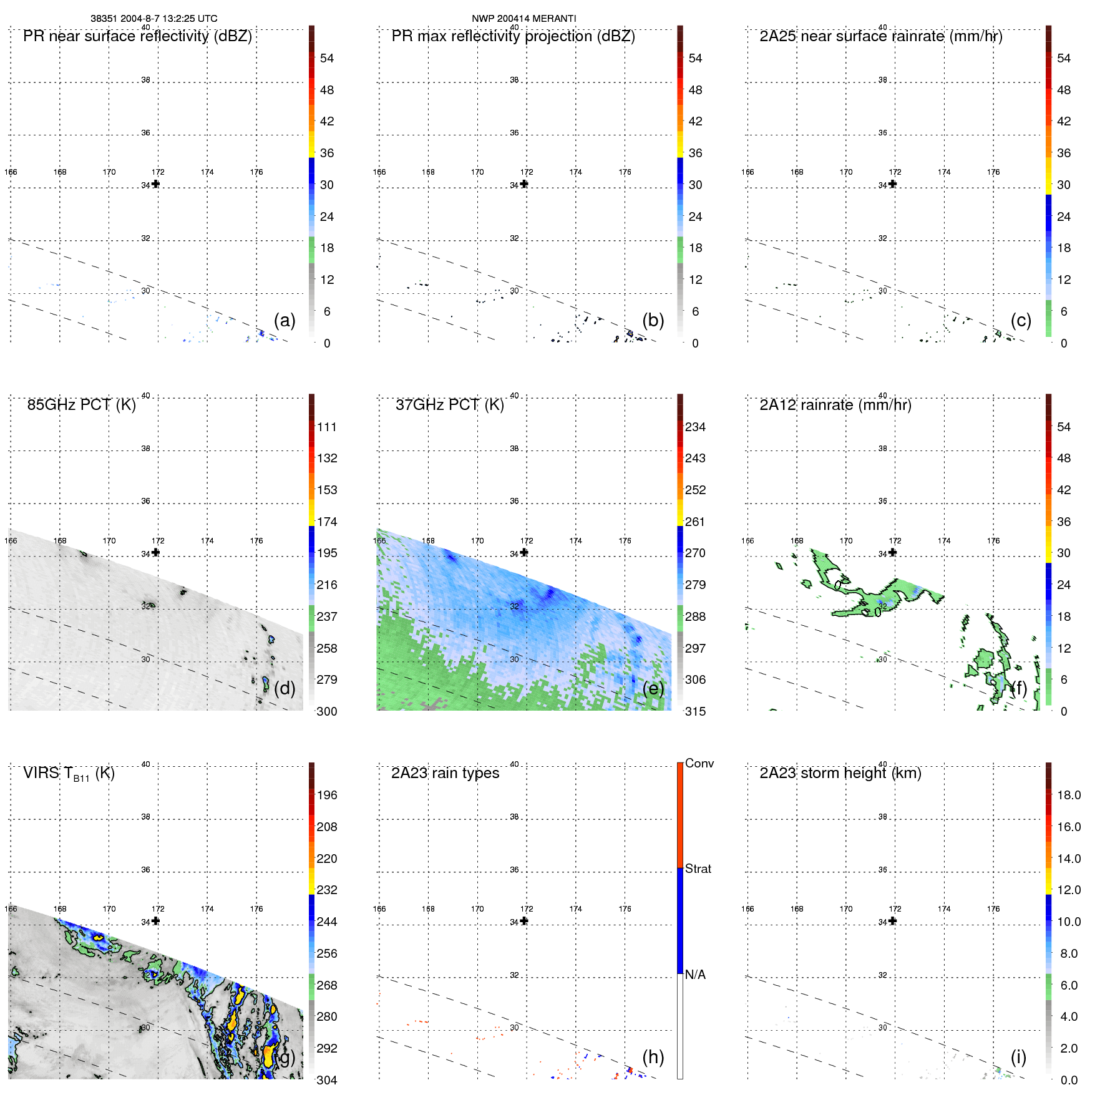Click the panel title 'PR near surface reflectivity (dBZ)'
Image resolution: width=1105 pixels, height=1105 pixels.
coord(137,36)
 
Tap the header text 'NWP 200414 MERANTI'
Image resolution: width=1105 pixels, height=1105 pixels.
coord(523,19)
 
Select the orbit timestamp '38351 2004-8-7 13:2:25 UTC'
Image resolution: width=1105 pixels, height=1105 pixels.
coord(154,19)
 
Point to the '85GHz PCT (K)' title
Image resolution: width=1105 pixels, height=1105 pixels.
coord(81,405)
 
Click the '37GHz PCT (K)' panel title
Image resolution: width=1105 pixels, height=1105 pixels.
coord(449,405)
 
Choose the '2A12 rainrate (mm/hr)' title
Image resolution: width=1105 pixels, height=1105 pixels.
coord(835,405)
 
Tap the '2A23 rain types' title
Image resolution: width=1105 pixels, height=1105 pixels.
coord(445,773)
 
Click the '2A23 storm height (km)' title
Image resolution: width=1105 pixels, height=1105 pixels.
coord(840,773)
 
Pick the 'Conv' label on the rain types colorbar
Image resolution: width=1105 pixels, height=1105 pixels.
coord(699,763)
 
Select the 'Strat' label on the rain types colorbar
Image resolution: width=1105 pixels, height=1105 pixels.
coord(698,869)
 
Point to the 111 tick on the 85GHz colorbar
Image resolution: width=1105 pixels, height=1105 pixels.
coord(326,427)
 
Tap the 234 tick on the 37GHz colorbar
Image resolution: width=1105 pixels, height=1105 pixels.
coord(695,427)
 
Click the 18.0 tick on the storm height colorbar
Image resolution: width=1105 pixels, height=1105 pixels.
coord(1068,795)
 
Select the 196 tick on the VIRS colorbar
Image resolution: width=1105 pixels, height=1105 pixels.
coord(326,795)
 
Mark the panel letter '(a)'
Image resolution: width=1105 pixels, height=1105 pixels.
coord(285,320)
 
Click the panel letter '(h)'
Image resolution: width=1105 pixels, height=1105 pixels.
coord(653,1057)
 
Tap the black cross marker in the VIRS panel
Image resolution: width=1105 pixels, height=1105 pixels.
coord(155,921)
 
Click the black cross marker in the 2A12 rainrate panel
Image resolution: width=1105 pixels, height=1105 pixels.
coord(892,552)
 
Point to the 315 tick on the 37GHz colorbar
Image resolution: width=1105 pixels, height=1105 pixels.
coord(695,711)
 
